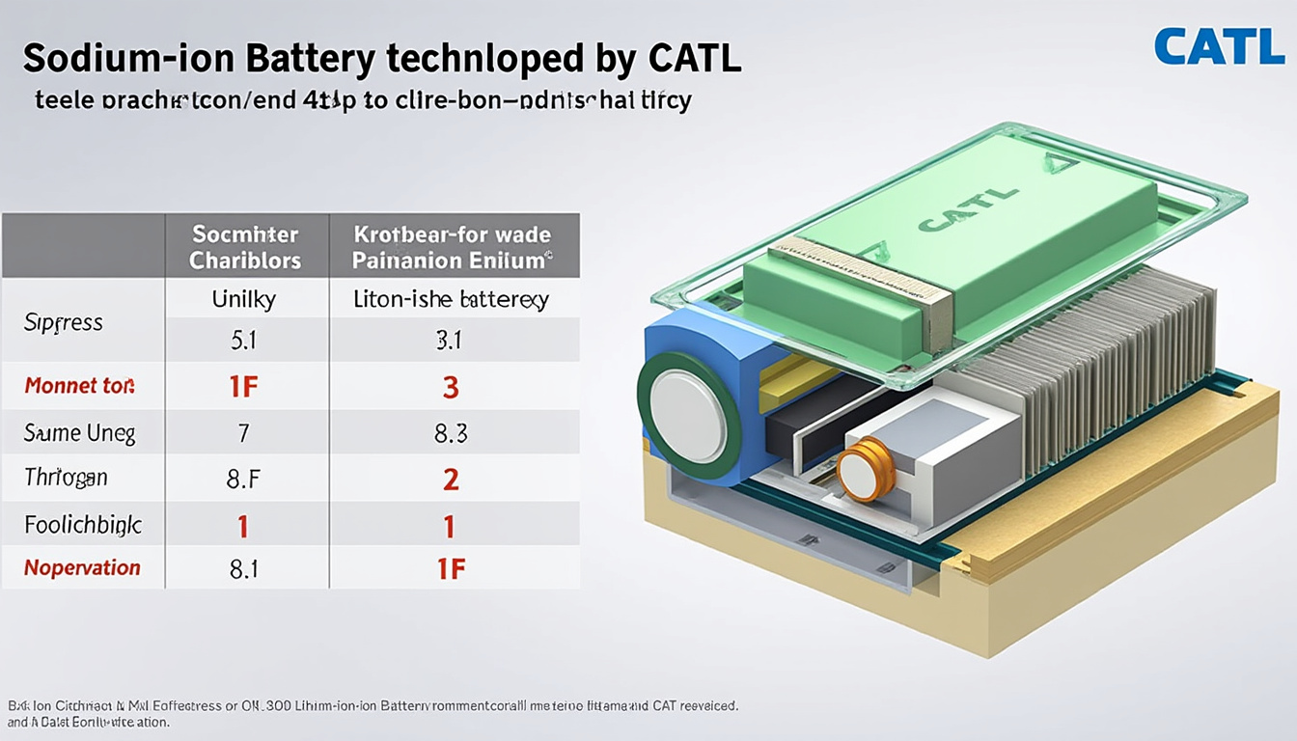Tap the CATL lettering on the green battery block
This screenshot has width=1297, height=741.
[x=968, y=210]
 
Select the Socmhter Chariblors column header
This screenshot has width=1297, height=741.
[x=245, y=247]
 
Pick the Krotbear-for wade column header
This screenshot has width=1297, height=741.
[x=453, y=247]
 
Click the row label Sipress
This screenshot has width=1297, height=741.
[x=64, y=322]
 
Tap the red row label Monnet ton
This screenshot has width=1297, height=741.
[x=79, y=386]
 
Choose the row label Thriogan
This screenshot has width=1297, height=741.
[x=66, y=477]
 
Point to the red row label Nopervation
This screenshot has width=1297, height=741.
[x=82, y=567]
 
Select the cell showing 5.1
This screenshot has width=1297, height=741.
[x=244, y=341]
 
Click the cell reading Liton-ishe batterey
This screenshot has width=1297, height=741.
[x=451, y=300]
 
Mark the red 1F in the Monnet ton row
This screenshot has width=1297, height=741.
[x=243, y=387]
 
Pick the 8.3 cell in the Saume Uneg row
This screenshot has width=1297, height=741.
[x=451, y=434]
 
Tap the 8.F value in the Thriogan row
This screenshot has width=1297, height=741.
[x=243, y=479]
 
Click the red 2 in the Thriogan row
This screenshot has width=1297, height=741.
[x=451, y=479]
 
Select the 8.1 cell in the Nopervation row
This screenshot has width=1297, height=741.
[x=243, y=569]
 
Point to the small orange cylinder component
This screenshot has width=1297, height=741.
[x=867, y=467]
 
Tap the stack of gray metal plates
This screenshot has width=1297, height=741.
[x=1090, y=357]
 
